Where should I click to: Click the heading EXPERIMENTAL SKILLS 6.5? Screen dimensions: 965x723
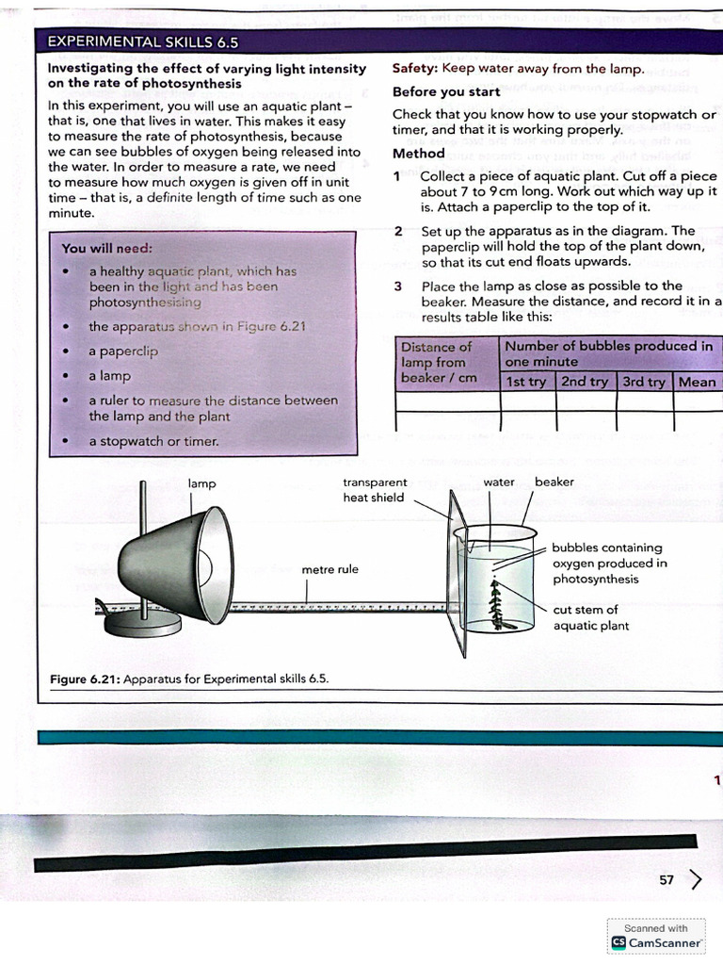pos(143,42)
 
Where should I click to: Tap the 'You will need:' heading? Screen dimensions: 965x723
pos(100,249)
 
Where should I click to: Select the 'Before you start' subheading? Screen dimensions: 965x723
pos(446,92)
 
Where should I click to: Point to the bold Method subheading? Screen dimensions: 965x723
pos(419,154)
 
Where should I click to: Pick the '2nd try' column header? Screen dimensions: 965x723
pos(585,382)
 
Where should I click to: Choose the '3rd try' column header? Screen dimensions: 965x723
pos(644,382)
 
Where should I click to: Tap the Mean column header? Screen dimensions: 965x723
pos(697,382)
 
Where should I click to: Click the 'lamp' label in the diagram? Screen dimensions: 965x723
pos(201,483)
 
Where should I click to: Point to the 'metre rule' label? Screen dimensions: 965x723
pos(329,569)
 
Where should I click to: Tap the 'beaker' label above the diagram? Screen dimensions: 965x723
pos(554,482)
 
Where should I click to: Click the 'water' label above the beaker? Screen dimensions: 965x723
pos(499,482)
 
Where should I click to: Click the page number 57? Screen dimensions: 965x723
pos(667,880)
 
